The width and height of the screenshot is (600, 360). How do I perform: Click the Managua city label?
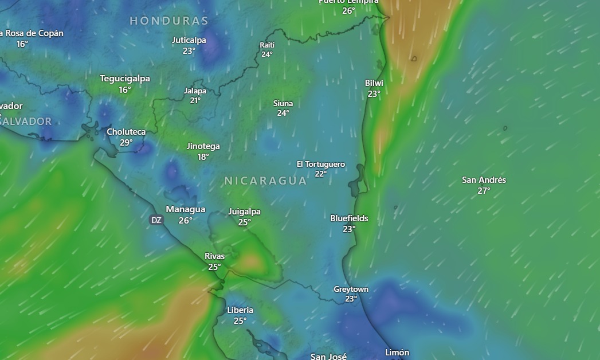(185, 209)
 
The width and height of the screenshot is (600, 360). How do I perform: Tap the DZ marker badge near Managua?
(156, 220)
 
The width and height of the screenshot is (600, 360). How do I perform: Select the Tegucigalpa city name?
(125, 79)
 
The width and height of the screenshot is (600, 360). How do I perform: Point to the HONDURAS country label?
(168, 21)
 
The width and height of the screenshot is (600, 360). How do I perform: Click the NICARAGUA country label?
(265, 181)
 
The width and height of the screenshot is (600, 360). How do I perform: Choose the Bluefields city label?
(349, 218)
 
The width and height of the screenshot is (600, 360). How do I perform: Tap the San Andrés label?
(484, 180)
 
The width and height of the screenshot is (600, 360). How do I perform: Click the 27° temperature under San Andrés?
(484, 191)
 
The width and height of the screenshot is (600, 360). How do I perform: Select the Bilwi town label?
(374, 83)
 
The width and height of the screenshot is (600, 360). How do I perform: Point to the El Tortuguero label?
(320, 165)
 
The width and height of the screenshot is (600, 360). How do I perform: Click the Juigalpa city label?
(244, 212)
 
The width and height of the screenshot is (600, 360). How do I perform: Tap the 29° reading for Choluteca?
(126, 143)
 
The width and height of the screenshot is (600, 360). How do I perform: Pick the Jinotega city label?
(203, 146)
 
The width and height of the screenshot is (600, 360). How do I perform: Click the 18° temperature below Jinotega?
(203, 157)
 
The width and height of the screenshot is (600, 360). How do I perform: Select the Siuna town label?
(283, 104)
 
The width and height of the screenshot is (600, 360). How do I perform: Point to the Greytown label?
(351, 289)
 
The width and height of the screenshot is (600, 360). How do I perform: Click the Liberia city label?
(240, 310)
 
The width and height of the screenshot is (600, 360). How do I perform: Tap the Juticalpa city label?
(189, 40)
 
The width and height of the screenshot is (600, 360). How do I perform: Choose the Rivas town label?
(214, 256)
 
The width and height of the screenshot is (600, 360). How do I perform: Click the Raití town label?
(267, 45)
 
